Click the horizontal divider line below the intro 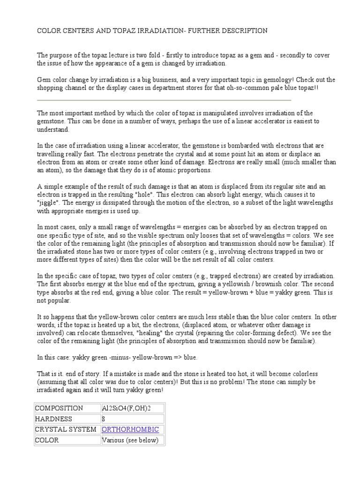[164, 100]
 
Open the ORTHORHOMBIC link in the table [130, 429]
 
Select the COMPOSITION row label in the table [60, 408]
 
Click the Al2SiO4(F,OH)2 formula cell [126, 408]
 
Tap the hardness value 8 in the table [104, 419]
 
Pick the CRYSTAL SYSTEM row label [66, 429]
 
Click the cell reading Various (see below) [130, 440]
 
